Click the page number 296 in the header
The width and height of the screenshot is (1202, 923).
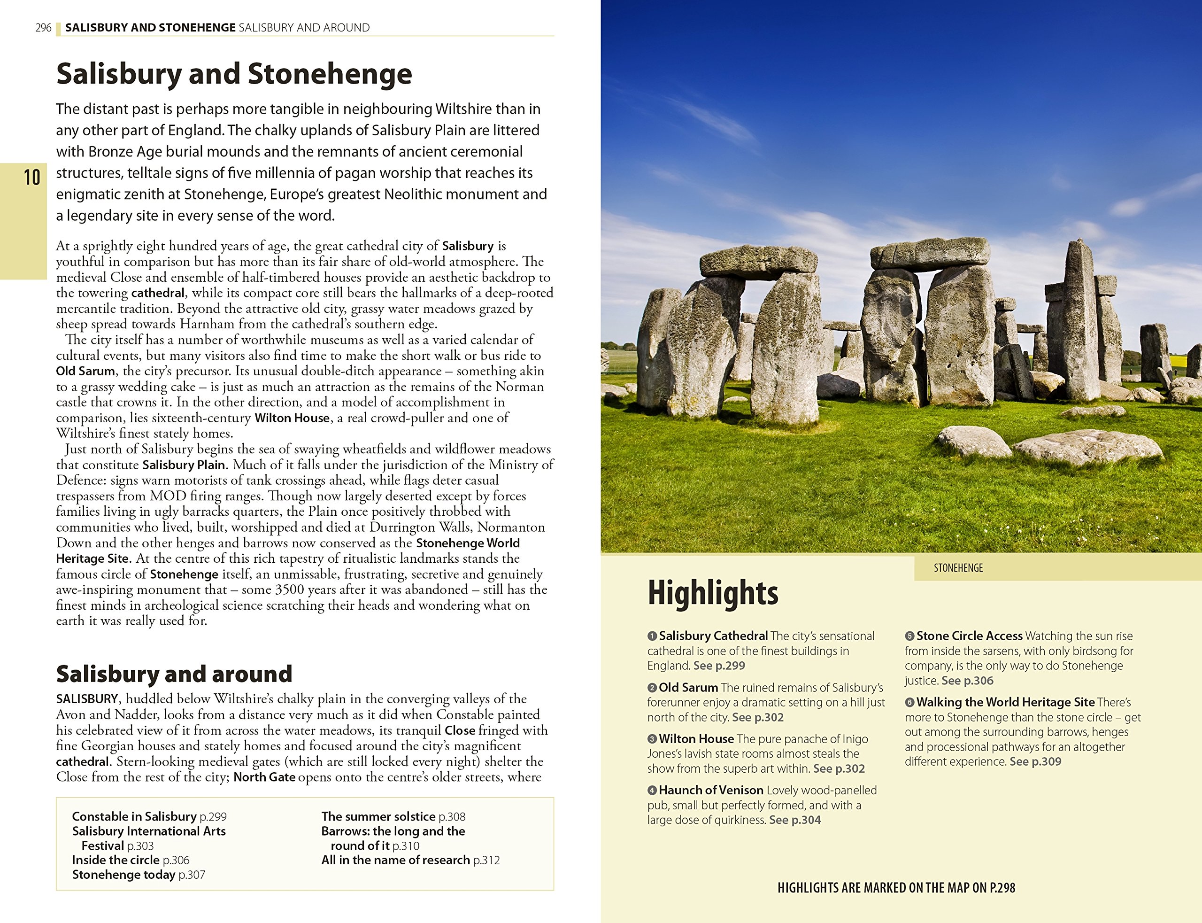click(x=43, y=27)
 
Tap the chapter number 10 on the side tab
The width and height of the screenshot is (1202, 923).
click(x=32, y=178)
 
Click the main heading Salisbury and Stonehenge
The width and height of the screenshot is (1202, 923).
click(x=234, y=74)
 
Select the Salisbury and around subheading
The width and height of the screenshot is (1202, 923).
click(x=174, y=674)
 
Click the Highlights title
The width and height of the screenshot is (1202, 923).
click(x=713, y=593)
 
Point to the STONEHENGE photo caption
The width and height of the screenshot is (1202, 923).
click(x=958, y=568)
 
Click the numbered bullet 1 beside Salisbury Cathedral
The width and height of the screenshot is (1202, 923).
click(x=652, y=636)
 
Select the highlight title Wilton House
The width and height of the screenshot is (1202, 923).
click(x=696, y=739)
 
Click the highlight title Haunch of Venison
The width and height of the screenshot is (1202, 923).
click(x=710, y=790)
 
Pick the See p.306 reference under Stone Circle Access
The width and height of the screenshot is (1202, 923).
click(x=968, y=681)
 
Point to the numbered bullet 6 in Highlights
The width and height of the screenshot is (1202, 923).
click(x=909, y=703)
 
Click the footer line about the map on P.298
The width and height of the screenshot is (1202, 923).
click(x=896, y=888)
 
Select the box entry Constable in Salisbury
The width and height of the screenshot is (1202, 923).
click(x=134, y=816)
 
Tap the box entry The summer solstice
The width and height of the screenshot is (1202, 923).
click(x=378, y=816)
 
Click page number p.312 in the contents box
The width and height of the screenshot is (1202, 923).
click(x=486, y=860)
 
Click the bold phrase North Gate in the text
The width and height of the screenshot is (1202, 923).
click(x=264, y=777)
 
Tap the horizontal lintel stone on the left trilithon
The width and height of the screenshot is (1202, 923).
click(x=759, y=262)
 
